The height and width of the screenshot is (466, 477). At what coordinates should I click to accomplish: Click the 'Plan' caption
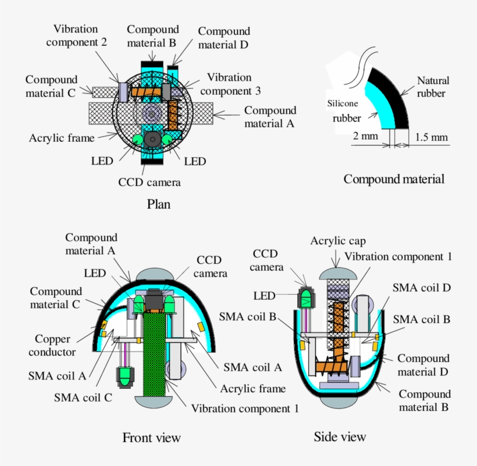point(158,204)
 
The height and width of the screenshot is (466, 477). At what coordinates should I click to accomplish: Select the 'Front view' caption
point(151,438)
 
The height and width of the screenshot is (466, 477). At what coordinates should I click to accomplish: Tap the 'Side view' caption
point(340,436)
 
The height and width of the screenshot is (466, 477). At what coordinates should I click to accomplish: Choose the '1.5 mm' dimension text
point(432,137)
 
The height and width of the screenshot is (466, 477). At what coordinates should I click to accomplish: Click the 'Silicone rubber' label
point(347,110)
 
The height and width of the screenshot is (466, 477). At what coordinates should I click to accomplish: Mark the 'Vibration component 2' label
point(76,34)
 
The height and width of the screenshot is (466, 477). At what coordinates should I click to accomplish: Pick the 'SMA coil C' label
point(83,397)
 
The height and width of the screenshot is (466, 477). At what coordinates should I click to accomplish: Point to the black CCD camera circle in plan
point(153,139)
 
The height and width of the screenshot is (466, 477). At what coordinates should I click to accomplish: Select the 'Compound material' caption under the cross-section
point(394,179)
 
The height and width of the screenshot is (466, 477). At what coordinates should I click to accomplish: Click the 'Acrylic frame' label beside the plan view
point(62,138)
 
